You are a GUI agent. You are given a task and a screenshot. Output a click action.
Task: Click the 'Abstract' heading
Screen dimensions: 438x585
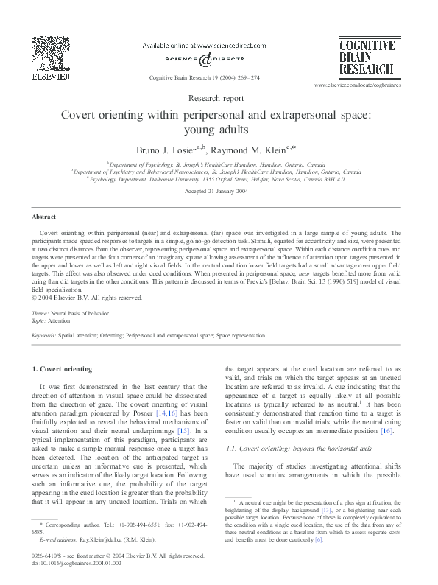(43, 217)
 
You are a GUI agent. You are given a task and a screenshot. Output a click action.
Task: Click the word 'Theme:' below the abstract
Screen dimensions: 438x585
(41, 315)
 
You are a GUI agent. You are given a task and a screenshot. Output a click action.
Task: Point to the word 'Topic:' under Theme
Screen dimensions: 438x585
(41, 322)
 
